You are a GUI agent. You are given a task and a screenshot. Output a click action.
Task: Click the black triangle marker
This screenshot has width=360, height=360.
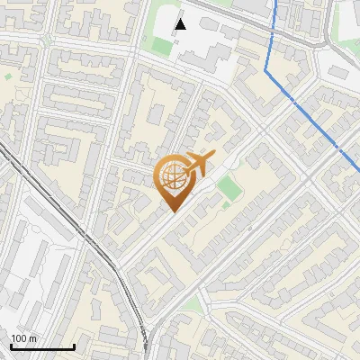pyautogui.click(x=181, y=23)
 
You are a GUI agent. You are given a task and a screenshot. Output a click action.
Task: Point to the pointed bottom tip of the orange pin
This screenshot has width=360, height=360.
pyautogui.click(x=173, y=211)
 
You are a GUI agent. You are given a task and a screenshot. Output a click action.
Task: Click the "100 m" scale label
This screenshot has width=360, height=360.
pyautogui.click(x=24, y=337)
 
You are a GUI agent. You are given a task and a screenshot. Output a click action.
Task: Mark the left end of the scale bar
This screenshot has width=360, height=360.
pyautogui.click(x=11, y=346)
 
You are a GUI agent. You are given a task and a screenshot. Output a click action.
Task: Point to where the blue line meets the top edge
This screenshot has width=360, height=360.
pyautogui.click(x=274, y=1)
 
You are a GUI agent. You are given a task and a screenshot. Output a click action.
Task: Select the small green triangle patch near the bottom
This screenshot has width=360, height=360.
pyautogui.click(x=191, y=306)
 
